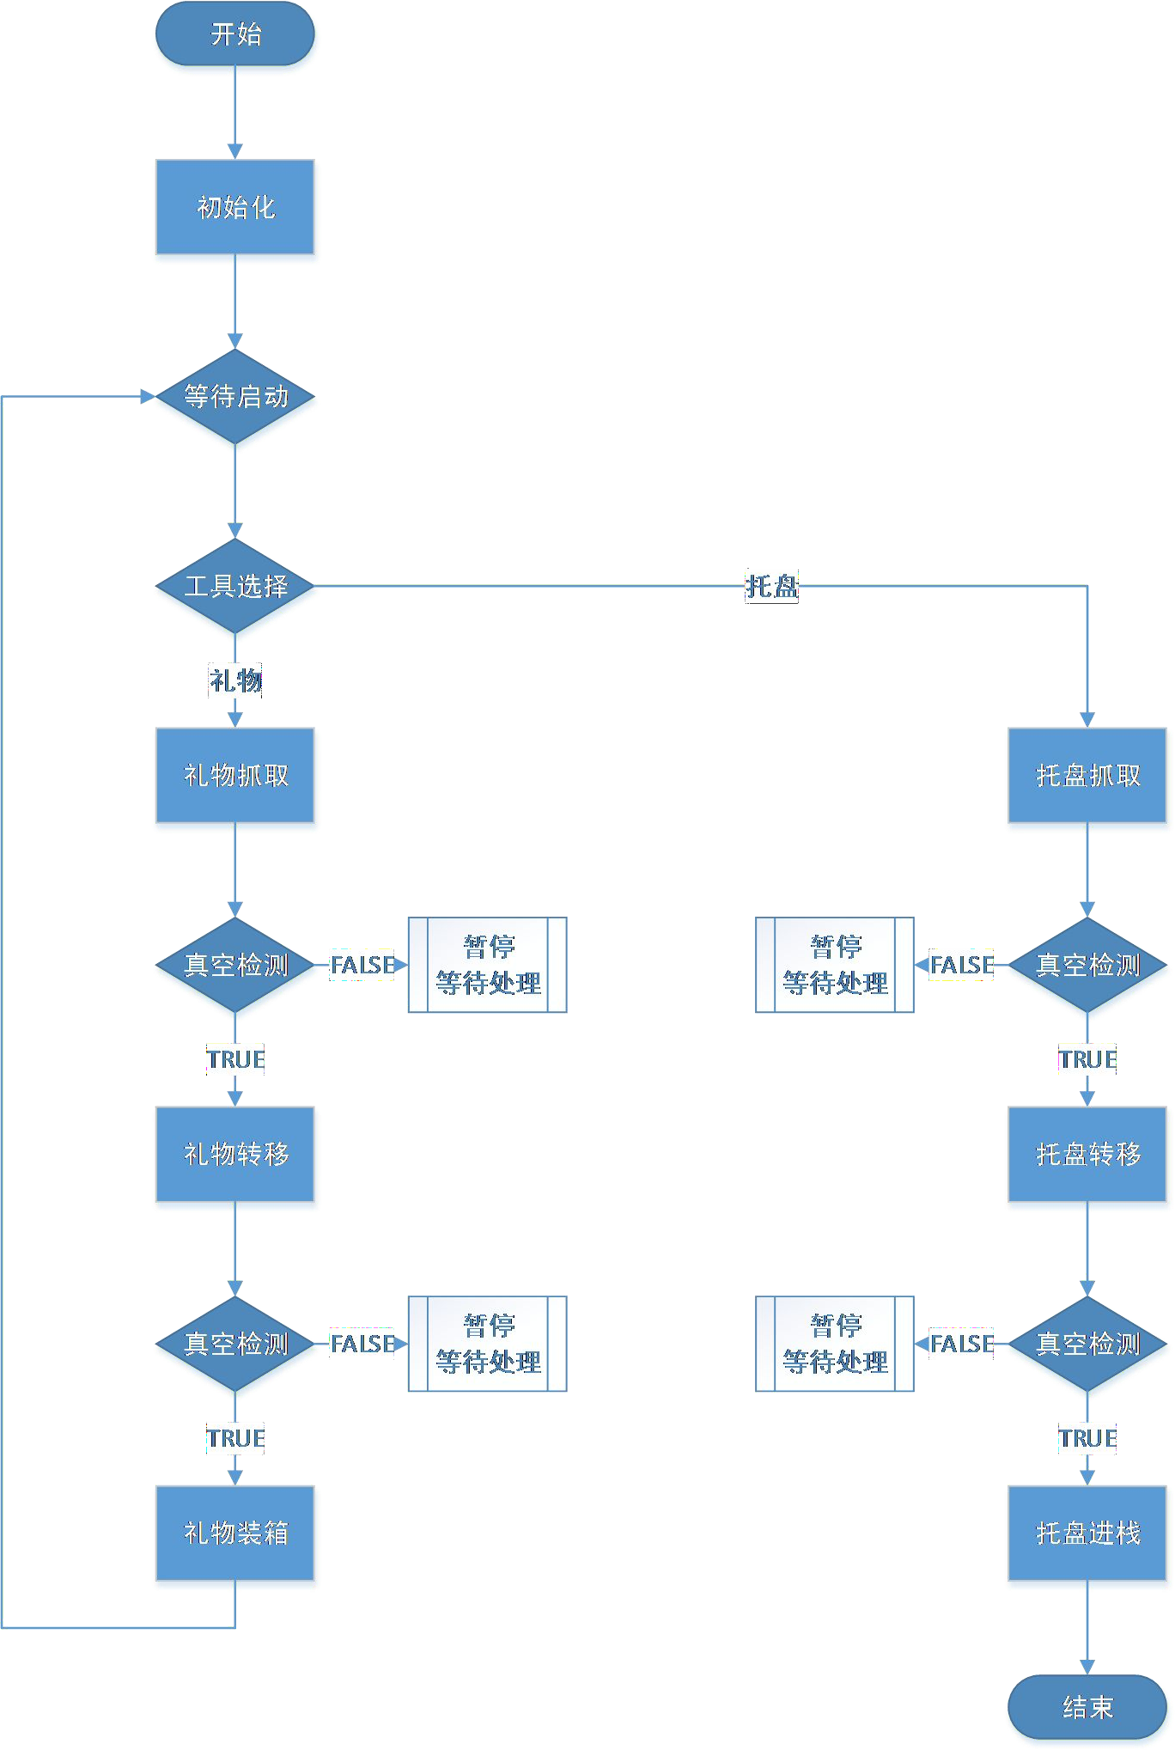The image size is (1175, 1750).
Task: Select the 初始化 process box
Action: pos(235,209)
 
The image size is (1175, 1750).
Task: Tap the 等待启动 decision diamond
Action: pos(235,398)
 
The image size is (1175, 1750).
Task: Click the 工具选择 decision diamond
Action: pos(235,588)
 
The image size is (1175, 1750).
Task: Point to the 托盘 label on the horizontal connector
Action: pos(771,587)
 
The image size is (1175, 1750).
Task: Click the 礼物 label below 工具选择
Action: pos(235,680)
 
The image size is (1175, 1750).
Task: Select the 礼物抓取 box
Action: pos(235,777)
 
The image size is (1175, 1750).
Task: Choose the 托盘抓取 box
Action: pos(1087,777)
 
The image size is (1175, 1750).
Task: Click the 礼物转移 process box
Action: pos(235,1155)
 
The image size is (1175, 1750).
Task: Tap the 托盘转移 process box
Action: pos(1087,1155)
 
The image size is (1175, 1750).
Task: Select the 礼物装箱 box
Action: pos(235,1534)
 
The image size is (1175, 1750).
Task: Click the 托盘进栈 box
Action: pos(1087,1534)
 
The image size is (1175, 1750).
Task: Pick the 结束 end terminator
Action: pos(1087,1708)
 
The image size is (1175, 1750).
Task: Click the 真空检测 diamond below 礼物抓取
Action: pos(235,966)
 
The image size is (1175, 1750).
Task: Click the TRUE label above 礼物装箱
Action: pos(235,1439)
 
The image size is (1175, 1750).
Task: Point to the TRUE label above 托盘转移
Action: pos(1087,1060)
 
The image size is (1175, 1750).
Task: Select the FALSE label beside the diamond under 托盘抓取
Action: pos(961,966)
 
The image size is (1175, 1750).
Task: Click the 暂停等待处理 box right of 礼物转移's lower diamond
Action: pos(487,1345)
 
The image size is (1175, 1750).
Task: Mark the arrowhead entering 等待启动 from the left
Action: pos(148,397)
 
